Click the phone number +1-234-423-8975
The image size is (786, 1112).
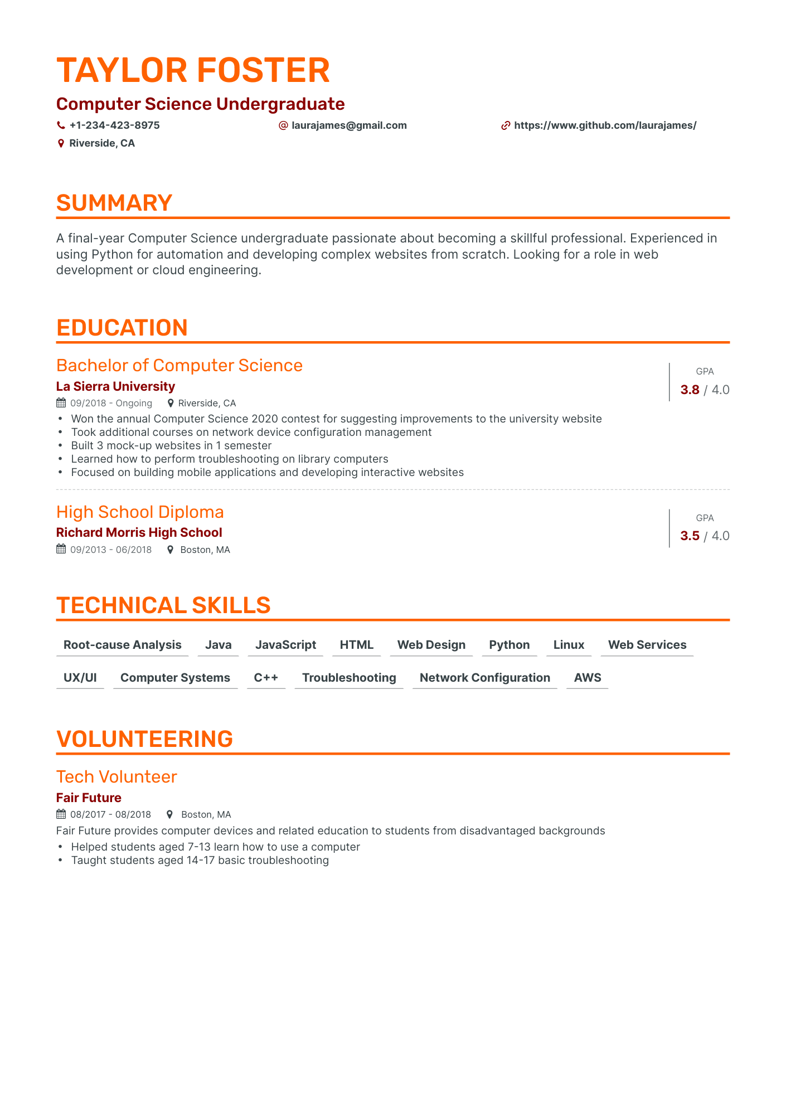tap(114, 125)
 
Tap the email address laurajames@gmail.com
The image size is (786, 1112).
tap(349, 125)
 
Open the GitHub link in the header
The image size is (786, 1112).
tap(605, 125)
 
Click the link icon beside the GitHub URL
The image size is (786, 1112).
tap(506, 126)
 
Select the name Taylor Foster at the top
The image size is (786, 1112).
tap(193, 71)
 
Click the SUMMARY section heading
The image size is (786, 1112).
tap(114, 203)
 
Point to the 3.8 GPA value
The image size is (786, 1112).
tap(690, 390)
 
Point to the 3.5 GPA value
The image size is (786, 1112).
tap(690, 536)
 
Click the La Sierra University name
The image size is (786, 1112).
tap(115, 386)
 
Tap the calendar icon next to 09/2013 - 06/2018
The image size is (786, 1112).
tap(61, 550)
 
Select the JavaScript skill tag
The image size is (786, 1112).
tap(285, 645)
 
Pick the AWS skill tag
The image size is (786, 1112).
tap(588, 678)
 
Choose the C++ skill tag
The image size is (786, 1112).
tap(266, 678)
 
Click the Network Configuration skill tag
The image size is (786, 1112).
tap(484, 678)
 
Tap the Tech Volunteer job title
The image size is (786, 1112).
tap(117, 776)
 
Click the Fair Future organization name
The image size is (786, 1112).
tap(89, 798)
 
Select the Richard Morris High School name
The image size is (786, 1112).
tap(139, 533)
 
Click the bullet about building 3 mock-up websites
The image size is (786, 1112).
tap(171, 445)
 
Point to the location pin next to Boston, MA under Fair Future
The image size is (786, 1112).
tap(170, 815)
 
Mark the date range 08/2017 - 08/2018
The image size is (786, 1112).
tap(110, 815)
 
